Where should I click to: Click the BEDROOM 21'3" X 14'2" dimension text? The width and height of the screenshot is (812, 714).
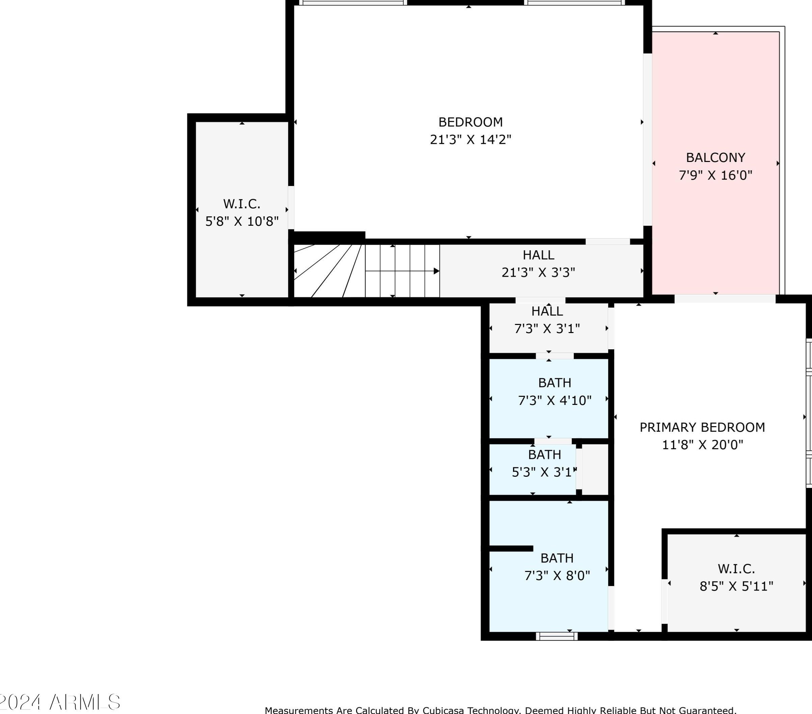(470, 139)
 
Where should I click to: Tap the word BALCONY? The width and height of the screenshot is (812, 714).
(715, 158)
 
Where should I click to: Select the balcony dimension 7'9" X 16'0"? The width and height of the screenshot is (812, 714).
(715, 175)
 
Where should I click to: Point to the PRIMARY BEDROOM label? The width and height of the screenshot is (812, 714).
(702, 427)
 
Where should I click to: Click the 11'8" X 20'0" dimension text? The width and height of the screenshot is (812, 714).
(702, 445)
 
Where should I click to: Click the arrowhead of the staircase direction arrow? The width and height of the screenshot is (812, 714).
(436, 271)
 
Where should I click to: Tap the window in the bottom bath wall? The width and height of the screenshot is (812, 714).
(557, 636)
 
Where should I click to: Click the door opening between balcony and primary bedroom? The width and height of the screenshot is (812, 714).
(725, 299)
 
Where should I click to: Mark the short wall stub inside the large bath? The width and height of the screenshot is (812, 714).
(511, 548)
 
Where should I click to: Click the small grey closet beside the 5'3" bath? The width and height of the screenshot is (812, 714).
(595, 469)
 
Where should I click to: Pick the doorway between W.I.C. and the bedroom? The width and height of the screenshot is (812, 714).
(291, 208)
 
